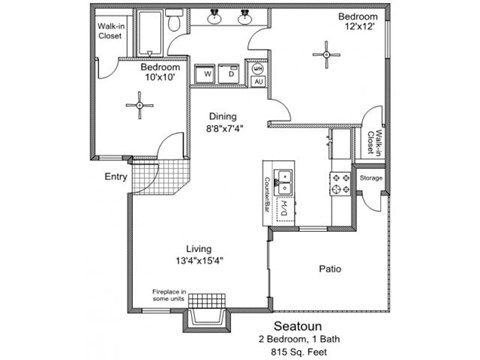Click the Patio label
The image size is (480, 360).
332,269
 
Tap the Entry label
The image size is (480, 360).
116,178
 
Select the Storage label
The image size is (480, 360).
371,178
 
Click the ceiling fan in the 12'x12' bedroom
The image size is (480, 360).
326,53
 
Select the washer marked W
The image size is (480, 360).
207,73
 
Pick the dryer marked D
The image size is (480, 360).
231,73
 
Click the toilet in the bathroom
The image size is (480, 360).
173,21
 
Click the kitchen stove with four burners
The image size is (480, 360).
339,182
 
